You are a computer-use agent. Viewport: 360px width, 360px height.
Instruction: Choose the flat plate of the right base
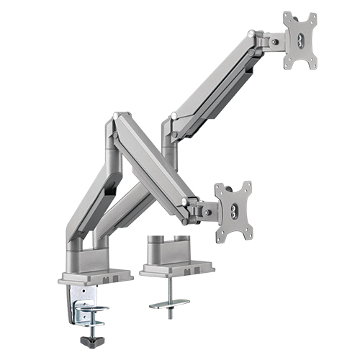176,268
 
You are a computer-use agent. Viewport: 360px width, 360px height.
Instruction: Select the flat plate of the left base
98,275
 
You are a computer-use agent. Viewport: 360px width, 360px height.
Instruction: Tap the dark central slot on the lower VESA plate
235,209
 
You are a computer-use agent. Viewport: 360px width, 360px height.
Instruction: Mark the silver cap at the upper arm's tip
251,34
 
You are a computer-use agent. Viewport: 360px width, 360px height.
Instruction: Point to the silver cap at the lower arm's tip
186,201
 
